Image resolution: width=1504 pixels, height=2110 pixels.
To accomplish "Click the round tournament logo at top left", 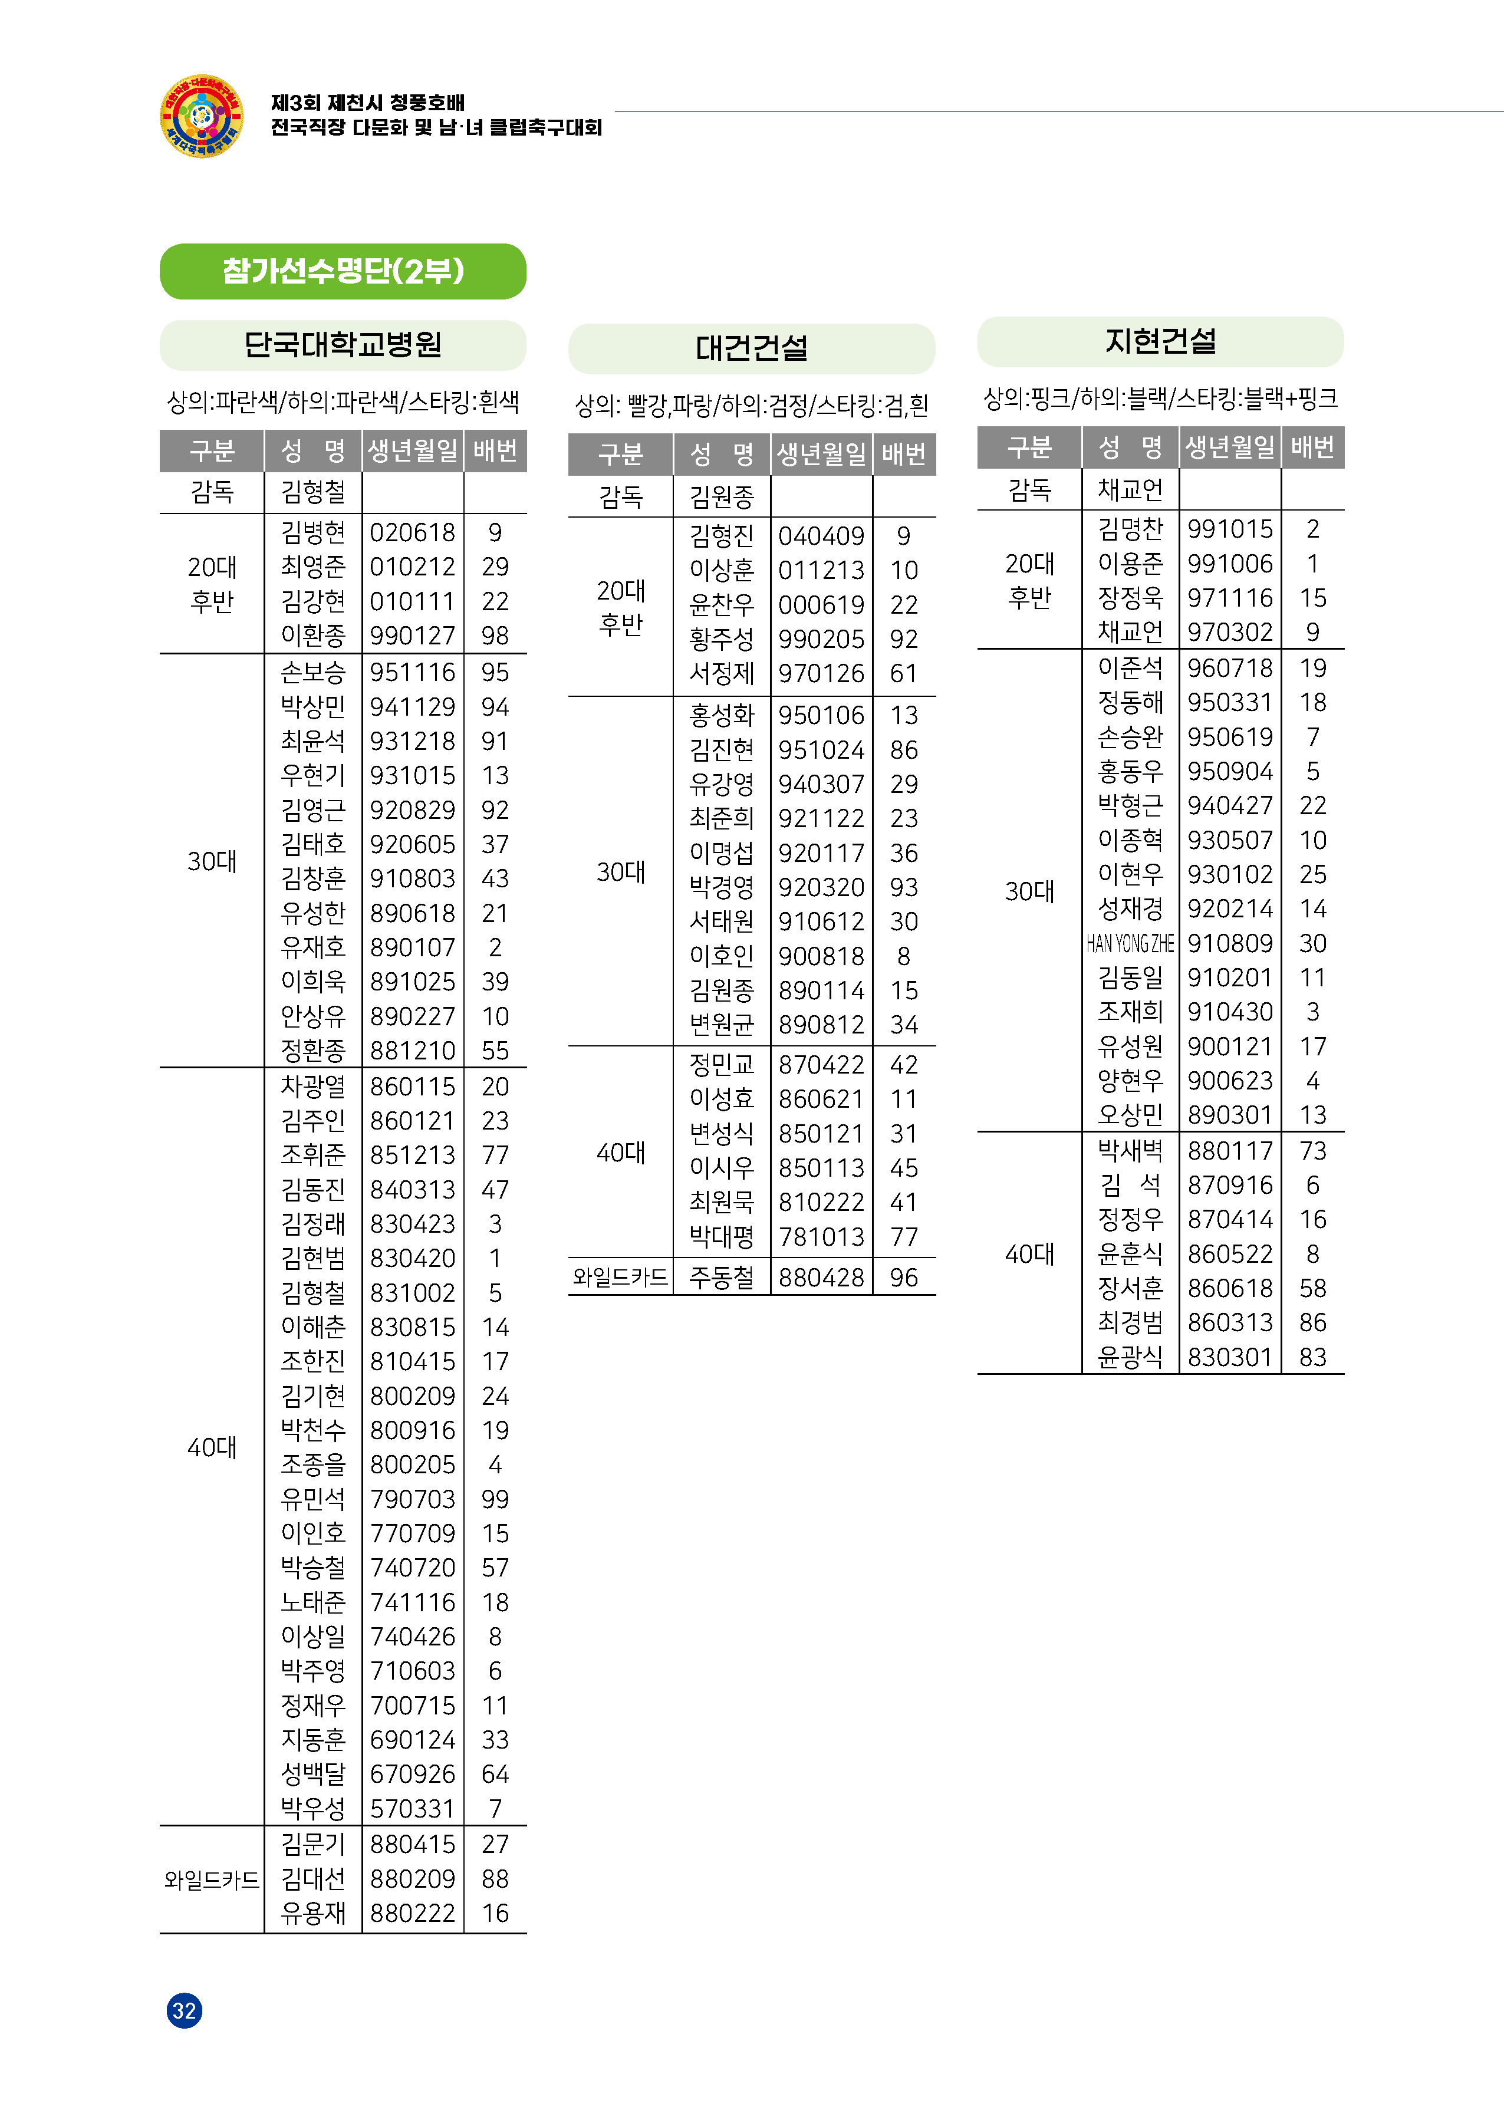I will (x=201, y=117).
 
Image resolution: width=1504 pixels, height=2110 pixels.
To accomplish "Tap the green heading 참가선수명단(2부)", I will (x=343, y=271).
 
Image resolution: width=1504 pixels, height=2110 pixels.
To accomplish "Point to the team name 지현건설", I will (x=1160, y=341).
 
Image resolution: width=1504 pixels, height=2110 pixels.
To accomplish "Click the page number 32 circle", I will (x=185, y=2010).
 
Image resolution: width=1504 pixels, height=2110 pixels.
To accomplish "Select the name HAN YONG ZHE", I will (x=1129, y=943).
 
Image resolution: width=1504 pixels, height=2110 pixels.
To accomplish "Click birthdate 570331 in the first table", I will (x=412, y=1808).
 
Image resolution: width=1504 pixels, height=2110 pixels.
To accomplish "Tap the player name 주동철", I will (x=722, y=1278).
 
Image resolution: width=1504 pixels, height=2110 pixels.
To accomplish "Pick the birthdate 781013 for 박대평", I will (x=821, y=1237).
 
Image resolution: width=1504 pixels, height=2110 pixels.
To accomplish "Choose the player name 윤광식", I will (x=1129, y=1357).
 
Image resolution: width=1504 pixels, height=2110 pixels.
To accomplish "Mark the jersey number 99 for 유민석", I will (x=495, y=1499).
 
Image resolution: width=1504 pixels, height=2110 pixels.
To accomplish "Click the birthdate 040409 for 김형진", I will (x=821, y=536).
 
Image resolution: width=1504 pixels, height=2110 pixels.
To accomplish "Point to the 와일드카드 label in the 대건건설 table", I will (x=620, y=1278).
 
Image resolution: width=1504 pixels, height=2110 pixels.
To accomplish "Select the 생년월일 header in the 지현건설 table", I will (x=1229, y=448).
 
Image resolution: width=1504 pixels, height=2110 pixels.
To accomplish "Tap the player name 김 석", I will (x=1129, y=1185).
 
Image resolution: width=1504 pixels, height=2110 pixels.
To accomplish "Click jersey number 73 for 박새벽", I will (x=1312, y=1151).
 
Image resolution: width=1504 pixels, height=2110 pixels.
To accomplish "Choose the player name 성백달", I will (x=313, y=1774).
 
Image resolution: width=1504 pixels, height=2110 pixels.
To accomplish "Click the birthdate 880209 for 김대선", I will (x=412, y=1878).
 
